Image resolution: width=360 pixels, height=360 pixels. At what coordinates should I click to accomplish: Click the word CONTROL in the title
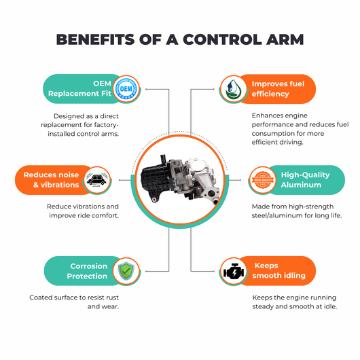coord(222,39)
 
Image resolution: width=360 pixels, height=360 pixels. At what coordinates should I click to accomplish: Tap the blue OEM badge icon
coord(126,88)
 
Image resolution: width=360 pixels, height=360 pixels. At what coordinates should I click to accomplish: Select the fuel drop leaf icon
coord(233,89)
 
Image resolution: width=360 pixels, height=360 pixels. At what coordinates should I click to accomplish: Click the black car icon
coord(97,180)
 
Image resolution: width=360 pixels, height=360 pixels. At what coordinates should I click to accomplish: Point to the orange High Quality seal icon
coord(263,180)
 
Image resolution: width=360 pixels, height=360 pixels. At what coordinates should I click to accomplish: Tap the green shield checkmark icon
coord(126,271)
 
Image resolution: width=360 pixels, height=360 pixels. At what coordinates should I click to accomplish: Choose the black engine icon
coord(234,272)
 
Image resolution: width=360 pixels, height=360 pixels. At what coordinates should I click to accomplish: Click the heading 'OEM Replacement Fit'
coord(79,88)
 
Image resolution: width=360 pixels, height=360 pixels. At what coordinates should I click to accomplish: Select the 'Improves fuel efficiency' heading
coord(278,89)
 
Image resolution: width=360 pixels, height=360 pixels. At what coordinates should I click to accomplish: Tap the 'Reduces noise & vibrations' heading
coord(51,180)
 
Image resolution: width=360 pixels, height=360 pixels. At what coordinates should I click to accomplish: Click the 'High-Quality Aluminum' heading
coord(305,180)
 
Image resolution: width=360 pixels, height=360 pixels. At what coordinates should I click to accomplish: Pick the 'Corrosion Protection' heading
coord(87,271)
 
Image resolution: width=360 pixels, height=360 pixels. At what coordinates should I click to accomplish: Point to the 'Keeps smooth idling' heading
coord(279,270)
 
